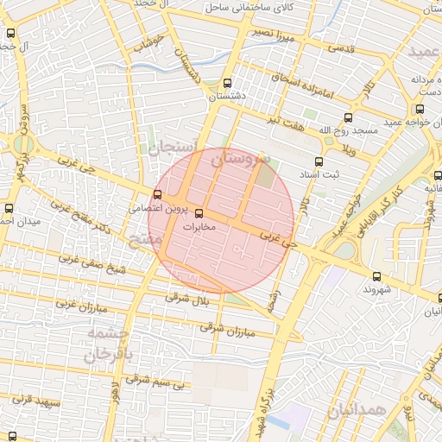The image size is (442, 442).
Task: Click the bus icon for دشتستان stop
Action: (226, 84)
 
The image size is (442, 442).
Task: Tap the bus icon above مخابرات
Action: (200, 213)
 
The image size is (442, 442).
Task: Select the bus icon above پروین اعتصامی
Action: (157, 194)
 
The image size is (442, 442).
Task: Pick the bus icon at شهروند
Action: (376, 276)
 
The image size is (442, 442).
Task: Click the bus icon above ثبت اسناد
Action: (319, 161)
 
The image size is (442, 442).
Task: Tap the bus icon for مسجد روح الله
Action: (348, 117)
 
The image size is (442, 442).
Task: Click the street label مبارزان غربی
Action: (81, 306)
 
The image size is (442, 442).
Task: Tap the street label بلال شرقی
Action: (187, 298)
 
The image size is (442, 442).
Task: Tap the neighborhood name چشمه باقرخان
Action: (110, 344)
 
